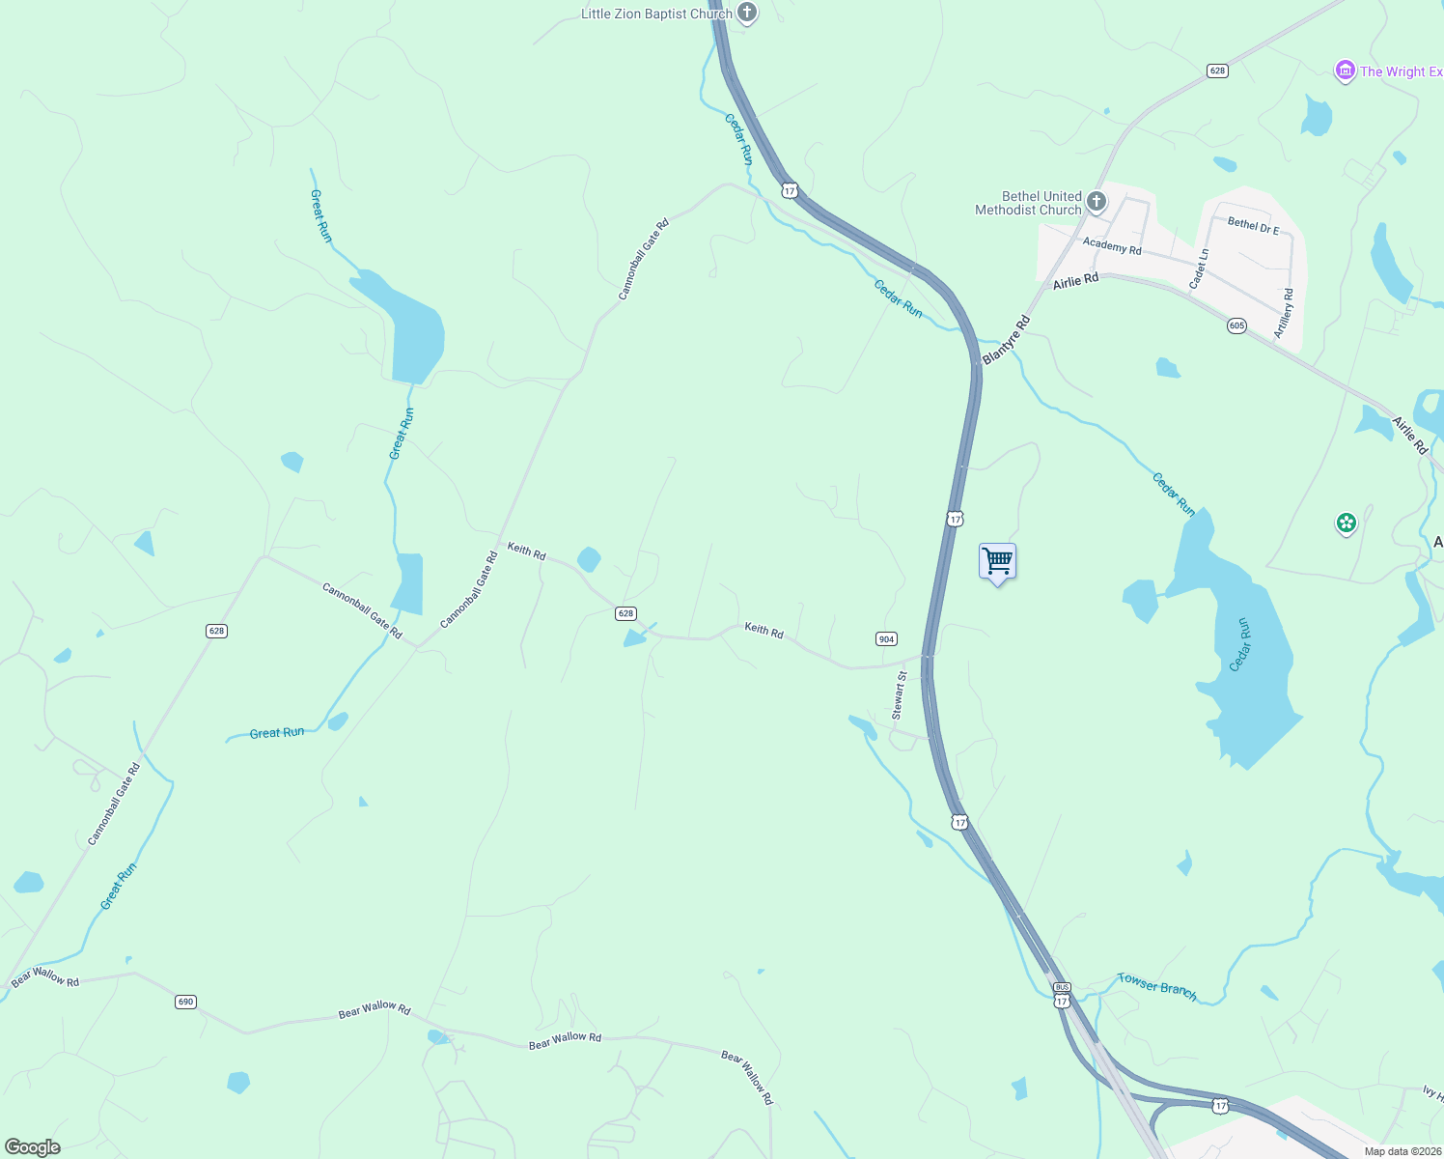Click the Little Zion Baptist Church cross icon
(746, 14)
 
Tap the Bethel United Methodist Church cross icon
(1096, 202)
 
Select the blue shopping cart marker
(997, 560)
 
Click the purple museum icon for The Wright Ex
(1345, 71)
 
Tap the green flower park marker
(1346, 523)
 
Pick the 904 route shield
(886, 639)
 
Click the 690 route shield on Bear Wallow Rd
(185, 1002)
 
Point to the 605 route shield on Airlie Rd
(1236, 325)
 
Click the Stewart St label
(899, 695)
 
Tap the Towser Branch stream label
(1156, 987)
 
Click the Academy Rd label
(1112, 246)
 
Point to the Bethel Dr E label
(1253, 226)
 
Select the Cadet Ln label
(1199, 269)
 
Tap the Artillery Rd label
(1283, 313)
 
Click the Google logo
(32, 1147)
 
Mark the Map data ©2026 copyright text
(1402, 1151)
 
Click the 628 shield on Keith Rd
(625, 613)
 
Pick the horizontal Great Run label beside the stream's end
(277, 733)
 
